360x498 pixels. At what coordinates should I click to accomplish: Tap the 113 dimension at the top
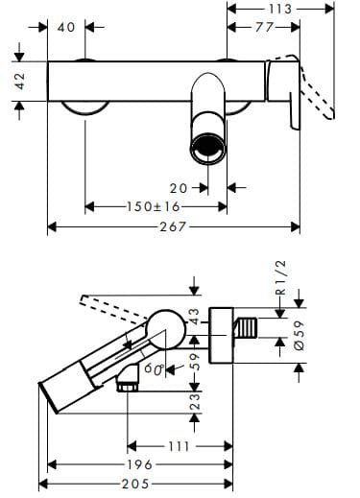click(x=281, y=9)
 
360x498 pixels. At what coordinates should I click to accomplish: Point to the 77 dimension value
click(x=263, y=27)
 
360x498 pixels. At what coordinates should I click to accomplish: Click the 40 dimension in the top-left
click(x=66, y=27)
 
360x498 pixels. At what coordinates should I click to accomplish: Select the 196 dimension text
click(x=141, y=465)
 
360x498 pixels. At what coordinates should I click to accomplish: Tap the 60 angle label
click(x=154, y=367)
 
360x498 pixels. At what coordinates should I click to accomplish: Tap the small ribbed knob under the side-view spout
click(x=123, y=384)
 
